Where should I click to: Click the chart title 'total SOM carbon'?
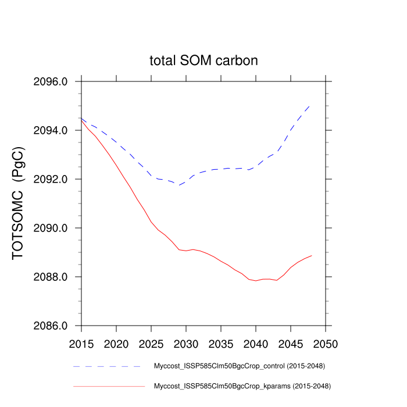[203, 60]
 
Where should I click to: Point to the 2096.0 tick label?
[52, 82]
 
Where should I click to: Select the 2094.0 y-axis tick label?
[52, 131]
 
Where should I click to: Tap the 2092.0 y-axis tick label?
[52, 180]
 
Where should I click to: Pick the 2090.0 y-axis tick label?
[52, 229]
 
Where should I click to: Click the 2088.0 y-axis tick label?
[52, 277]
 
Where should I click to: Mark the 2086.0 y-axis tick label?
[52, 326]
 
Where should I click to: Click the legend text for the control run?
[239, 366]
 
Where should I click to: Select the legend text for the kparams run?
[241, 385]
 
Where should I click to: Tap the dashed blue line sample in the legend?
[108, 366]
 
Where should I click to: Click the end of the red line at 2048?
[312, 255]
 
